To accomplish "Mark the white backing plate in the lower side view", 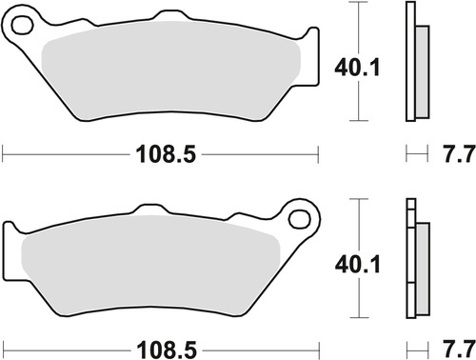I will [410, 262].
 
